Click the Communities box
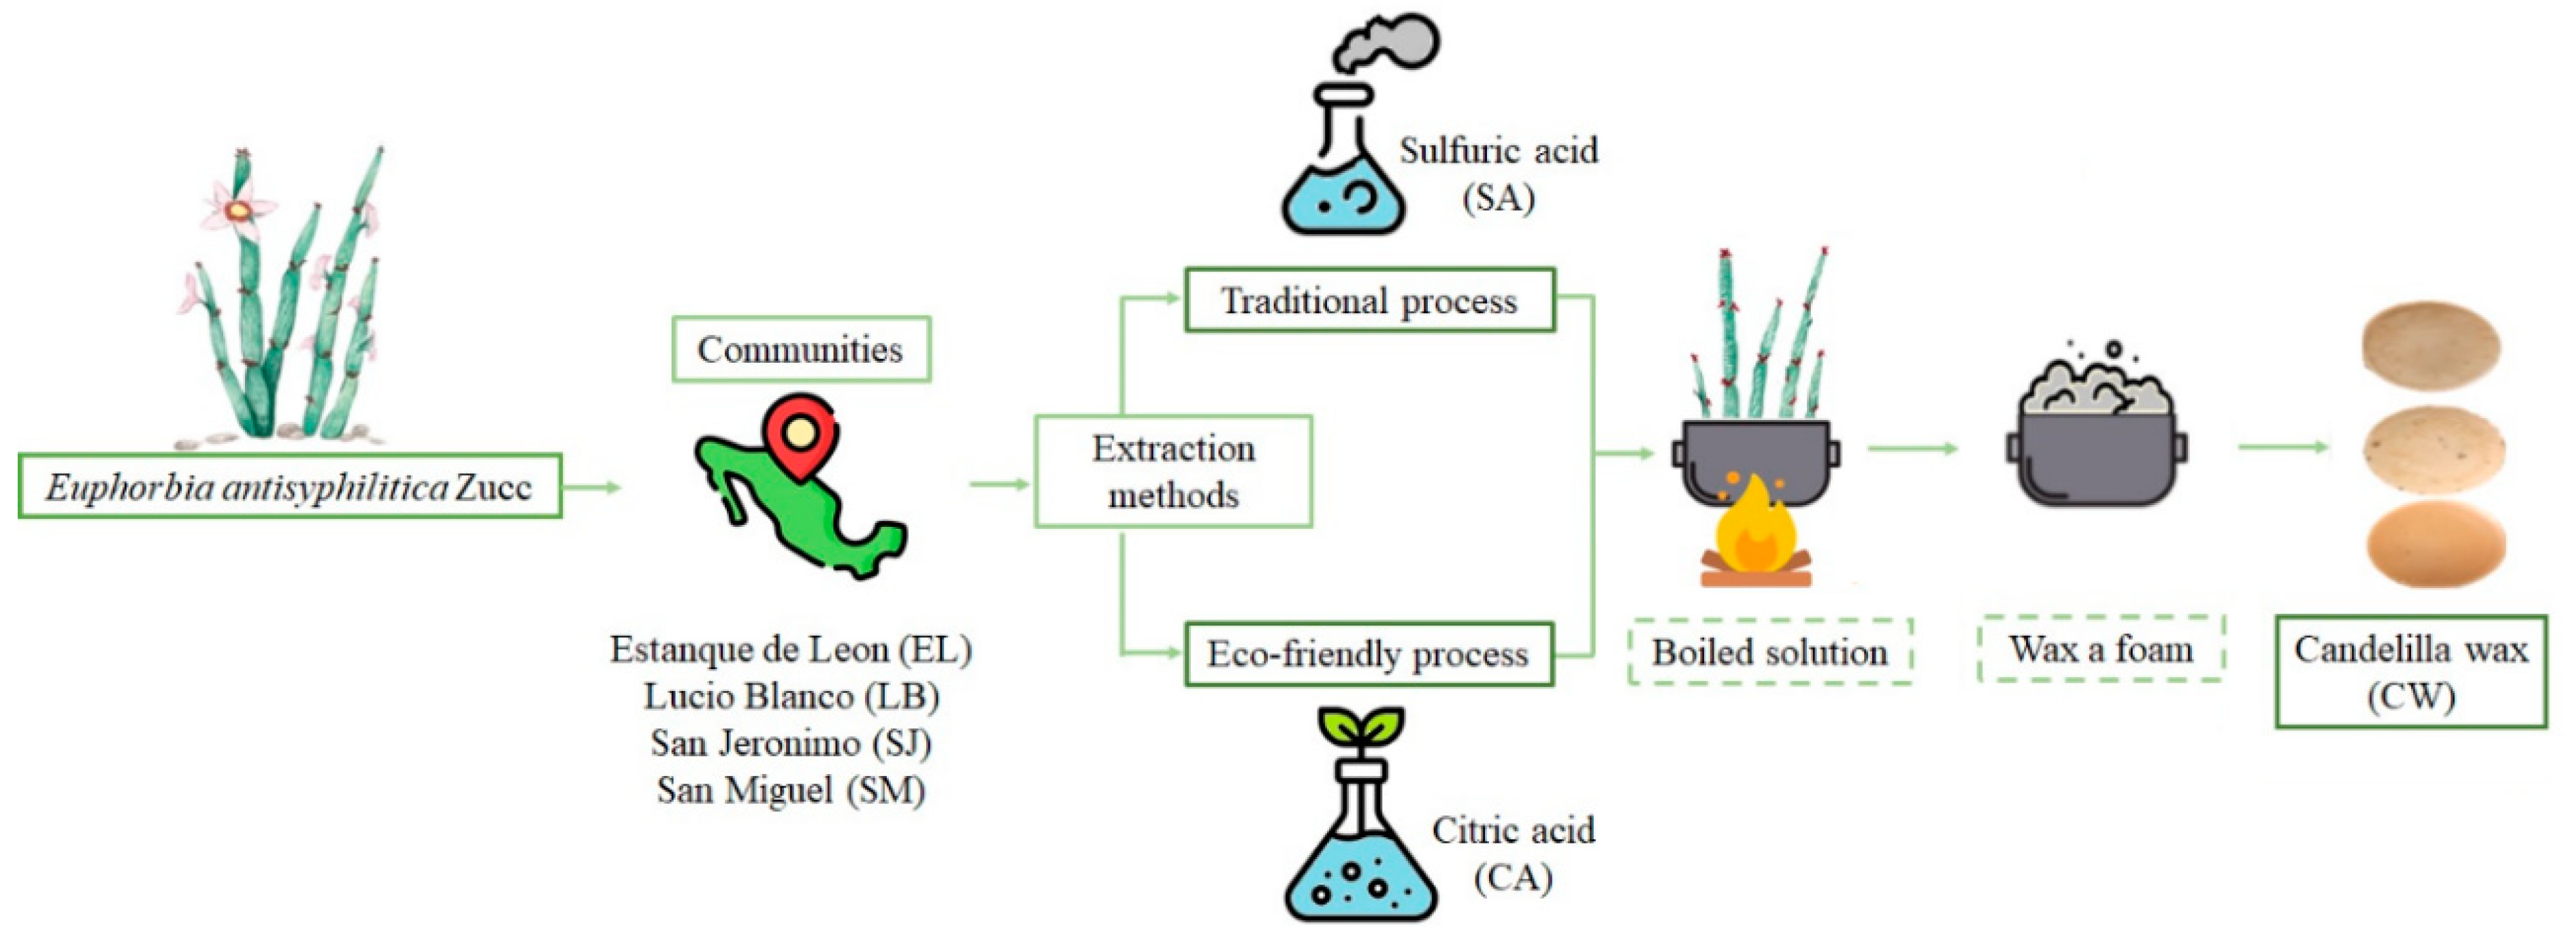coord(800,349)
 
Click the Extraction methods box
coord(1173,472)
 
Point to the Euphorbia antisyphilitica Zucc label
coord(289,487)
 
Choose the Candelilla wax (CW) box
coord(2410,672)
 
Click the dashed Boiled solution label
coord(1770,652)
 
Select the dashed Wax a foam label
coord(2101,649)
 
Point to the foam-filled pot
coord(2095,438)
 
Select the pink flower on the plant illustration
coord(236,210)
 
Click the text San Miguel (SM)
coord(790,790)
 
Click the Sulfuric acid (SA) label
coord(1498,174)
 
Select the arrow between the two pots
coord(1910,449)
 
